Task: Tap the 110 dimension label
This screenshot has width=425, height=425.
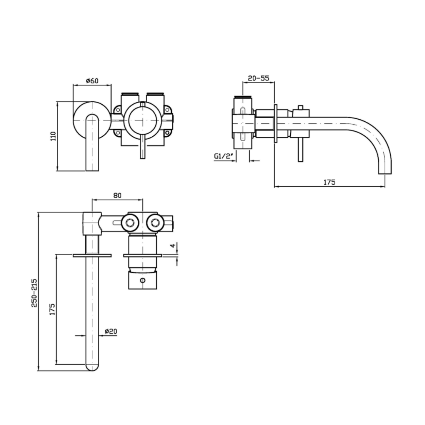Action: (x=53, y=136)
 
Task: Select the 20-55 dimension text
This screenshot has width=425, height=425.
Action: (x=259, y=78)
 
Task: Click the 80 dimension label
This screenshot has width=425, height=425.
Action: (x=117, y=195)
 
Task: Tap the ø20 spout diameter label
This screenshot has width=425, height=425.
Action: (x=111, y=331)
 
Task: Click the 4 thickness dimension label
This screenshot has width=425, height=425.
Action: (x=173, y=245)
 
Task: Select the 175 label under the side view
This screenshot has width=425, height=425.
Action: (x=329, y=182)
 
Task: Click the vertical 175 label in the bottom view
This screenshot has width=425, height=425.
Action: (x=52, y=309)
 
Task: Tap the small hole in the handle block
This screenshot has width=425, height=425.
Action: (x=143, y=280)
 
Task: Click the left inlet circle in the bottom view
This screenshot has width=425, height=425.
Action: (x=130, y=223)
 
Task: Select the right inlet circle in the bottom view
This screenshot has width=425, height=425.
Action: (x=155, y=223)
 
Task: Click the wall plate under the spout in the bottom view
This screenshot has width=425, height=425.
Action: (x=92, y=255)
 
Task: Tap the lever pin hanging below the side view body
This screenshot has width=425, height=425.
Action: (x=300, y=150)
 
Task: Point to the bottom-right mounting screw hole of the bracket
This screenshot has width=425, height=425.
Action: (x=167, y=133)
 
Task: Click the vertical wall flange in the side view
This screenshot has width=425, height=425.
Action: (x=275, y=123)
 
